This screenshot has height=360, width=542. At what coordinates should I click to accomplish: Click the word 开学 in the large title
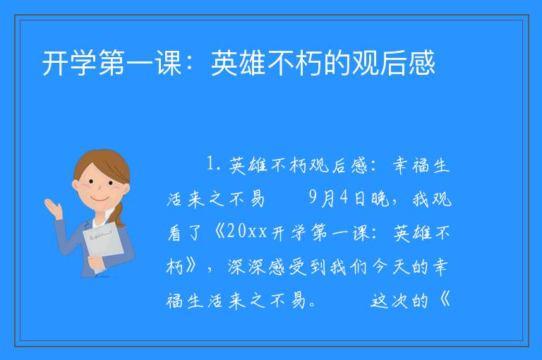69,63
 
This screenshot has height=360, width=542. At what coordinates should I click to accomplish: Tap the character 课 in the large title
169,63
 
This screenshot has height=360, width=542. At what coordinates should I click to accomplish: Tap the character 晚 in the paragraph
380,199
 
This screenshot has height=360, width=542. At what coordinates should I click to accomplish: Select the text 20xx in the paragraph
248,232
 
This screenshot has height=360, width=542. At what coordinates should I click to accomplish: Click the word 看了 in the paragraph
184,233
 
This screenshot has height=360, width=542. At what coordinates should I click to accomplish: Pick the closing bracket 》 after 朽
191,266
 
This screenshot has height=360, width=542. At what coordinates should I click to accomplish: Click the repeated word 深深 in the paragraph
246,268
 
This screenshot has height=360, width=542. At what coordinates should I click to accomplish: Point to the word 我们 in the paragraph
349,268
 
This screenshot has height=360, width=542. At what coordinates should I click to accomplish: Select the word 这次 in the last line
390,301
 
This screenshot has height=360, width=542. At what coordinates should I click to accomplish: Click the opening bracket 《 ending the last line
444,300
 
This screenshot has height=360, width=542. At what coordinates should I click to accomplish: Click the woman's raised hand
53,208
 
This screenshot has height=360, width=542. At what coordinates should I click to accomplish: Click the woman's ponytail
119,215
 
